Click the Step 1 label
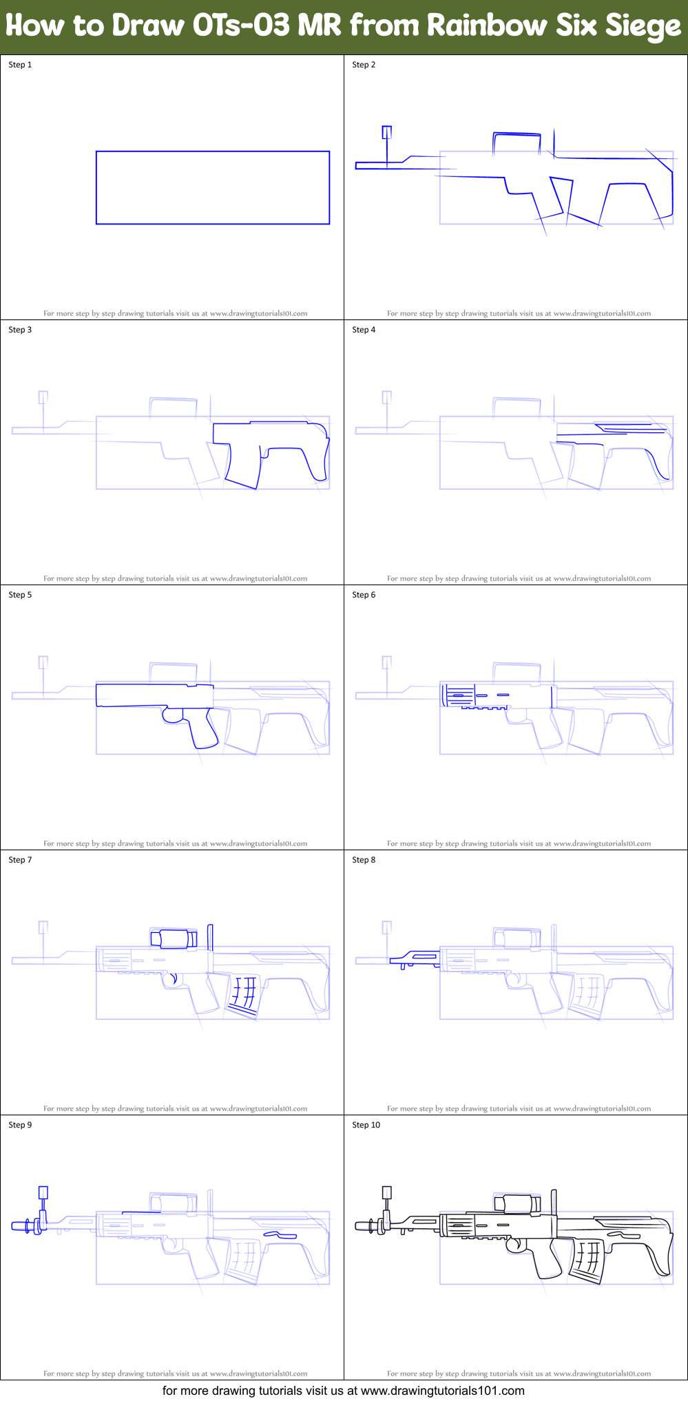coord(20,65)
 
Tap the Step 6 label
coord(364,595)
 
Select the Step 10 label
coord(366,1125)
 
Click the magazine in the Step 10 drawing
coord(587,1259)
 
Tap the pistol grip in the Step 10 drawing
coord(548,1261)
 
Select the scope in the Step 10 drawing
coord(517,1203)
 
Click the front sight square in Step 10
coord(387,1192)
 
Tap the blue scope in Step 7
coord(174,938)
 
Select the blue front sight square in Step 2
coord(387,132)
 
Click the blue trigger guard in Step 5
coord(173,716)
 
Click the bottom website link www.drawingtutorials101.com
coord(442,1391)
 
